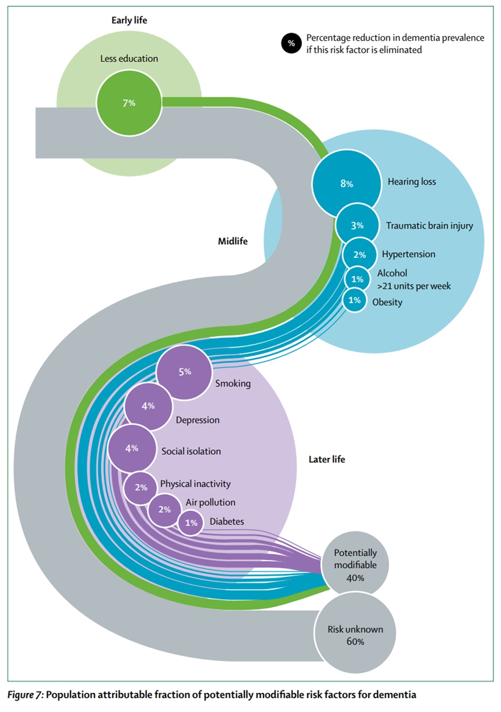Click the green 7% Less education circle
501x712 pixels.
(x=129, y=103)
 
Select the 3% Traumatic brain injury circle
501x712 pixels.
(x=356, y=225)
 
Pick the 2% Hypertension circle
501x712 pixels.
(x=360, y=255)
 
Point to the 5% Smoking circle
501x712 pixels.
(x=184, y=372)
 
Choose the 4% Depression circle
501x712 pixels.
(x=148, y=406)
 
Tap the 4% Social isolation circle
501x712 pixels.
(x=132, y=448)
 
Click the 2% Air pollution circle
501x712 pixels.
(x=164, y=509)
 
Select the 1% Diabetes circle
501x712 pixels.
(x=190, y=523)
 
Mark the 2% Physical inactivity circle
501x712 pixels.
(x=141, y=488)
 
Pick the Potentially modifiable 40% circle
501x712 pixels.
(x=355, y=564)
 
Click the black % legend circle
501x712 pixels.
(x=292, y=44)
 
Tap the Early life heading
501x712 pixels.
(x=129, y=20)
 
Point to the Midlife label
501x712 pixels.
(x=232, y=241)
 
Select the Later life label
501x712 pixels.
(x=327, y=459)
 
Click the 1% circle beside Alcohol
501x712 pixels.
(x=357, y=279)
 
